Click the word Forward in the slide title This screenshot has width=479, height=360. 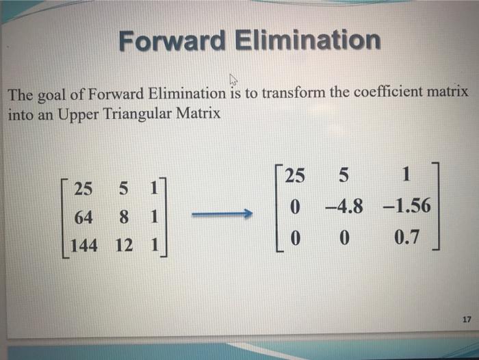coord(171,40)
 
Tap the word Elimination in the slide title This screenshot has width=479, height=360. coord(308,40)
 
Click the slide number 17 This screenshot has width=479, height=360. coord(467,320)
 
